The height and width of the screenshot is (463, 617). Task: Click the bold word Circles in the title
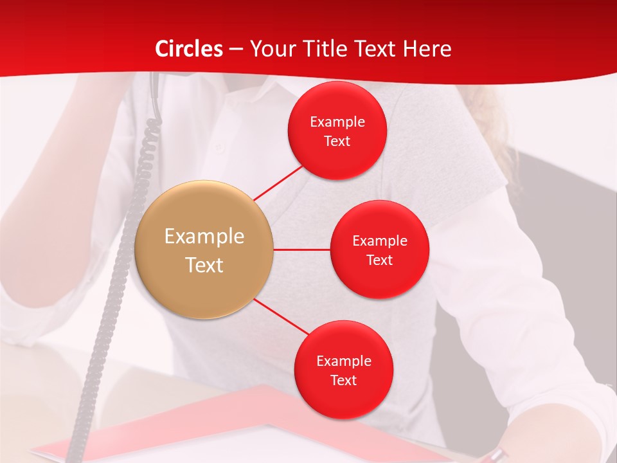pyautogui.click(x=189, y=49)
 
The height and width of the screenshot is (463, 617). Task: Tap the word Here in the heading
pyautogui.click(x=427, y=49)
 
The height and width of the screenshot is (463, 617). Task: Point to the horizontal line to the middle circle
pyautogui.click(x=302, y=249)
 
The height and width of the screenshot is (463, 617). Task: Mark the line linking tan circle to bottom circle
pyautogui.click(x=282, y=317)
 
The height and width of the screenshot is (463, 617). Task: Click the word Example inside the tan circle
pyautogui.click(x=204, y=237)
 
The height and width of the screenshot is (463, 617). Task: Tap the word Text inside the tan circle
pyautogui.click(x=204, y=265)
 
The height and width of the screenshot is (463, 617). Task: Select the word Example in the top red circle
pyautogui.click(x=337, y=122)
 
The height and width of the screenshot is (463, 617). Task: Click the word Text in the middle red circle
pyautogui.click(x=379, y=260)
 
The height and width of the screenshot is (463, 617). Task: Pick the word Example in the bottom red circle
pyautogui.click(x=344, y=361)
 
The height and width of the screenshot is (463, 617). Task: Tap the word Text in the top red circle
pyautogui.click(x=337, y=141)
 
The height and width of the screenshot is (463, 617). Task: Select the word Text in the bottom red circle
pyautogui.click(x=343, y=381)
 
